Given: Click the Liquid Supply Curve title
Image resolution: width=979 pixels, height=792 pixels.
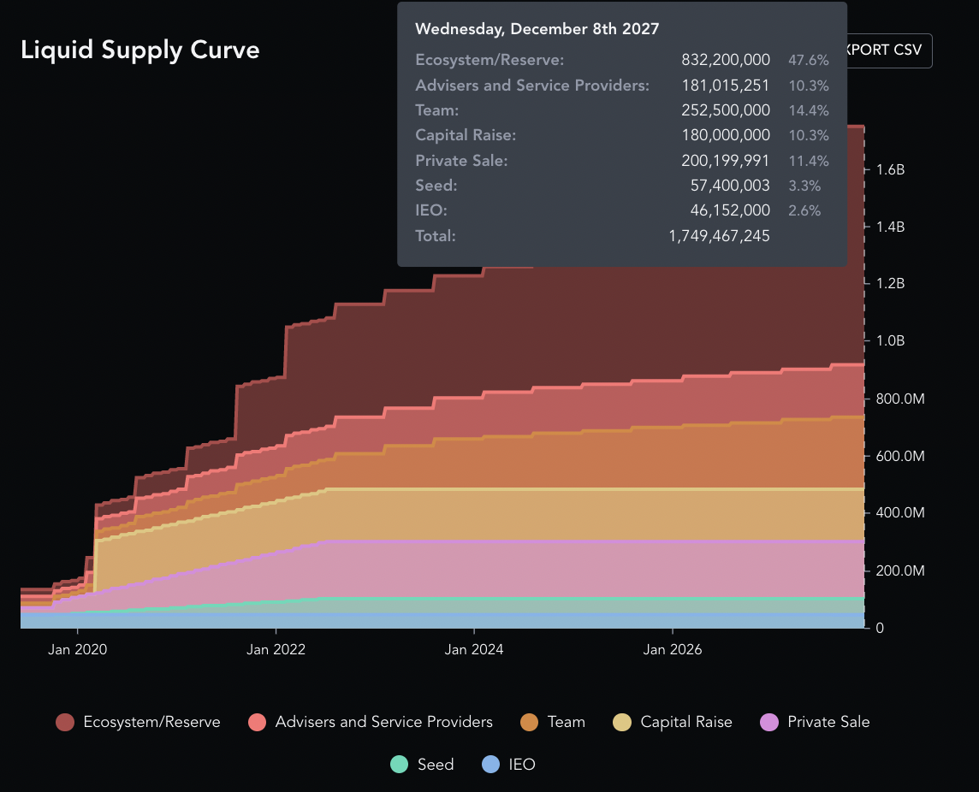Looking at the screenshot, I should pos(139,50).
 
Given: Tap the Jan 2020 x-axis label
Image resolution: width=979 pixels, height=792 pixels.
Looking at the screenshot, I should pos(78,649).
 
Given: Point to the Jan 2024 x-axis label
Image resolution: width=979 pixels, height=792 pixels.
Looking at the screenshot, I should pos(474,649).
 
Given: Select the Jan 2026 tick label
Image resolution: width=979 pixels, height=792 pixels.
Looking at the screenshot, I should pos(673,649).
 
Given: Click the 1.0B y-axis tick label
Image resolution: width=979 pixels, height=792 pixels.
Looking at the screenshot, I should pos(890,341).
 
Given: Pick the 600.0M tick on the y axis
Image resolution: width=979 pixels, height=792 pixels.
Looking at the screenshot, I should pos(900,457).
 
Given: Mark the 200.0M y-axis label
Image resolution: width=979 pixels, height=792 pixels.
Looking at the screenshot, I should pos(900,570).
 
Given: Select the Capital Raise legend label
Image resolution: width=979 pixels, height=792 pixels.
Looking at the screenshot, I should pos(686,722).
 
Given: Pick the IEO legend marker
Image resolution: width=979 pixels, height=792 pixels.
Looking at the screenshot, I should pos(491,765).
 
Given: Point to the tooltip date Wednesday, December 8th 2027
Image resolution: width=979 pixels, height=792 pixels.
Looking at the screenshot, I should pos(537,29).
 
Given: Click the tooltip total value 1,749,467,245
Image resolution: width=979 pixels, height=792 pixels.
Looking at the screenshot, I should pos(719,236).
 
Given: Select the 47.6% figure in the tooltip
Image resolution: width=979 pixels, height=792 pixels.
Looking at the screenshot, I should pos(808,61).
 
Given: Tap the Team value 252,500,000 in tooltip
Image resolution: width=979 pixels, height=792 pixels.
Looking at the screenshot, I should pos(726,110).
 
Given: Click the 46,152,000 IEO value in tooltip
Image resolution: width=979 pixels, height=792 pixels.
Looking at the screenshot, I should pos(730,210).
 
